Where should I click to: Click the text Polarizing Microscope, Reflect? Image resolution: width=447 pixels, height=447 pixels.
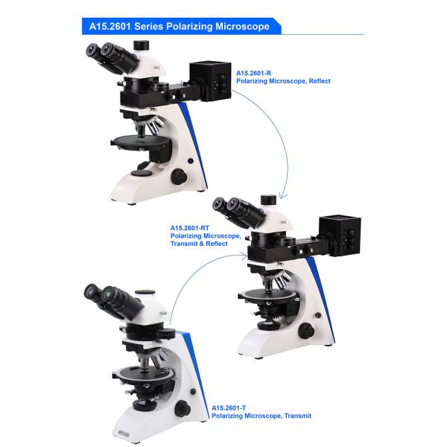[282, 80]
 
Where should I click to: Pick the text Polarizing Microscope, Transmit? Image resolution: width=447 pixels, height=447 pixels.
[261, 416]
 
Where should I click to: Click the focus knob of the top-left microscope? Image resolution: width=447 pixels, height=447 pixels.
[180, 177]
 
